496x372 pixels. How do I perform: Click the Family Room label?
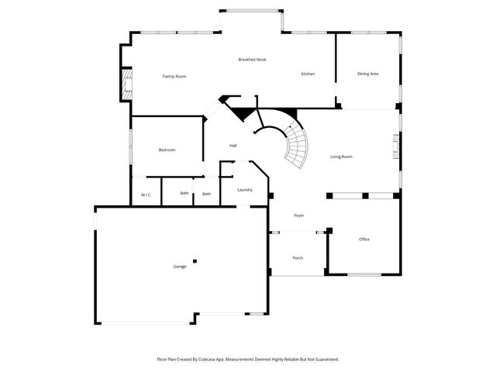pyautogui.click(x=174, y=76)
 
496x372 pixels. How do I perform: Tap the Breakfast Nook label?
pyautogui.click(x=253, y=60)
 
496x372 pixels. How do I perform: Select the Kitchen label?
pyautogui.click(x=308, y=74)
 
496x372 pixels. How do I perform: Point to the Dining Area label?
pyautogui.click(x=367, y=74)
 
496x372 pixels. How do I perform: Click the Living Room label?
pyautogui.click(x=341, y=157)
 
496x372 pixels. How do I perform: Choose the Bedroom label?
pyautogui.click(x=167, y=150)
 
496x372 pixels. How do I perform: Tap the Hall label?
pyautogui.click(x=232, y=146)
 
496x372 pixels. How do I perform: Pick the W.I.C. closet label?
pyautogui.click(x=146, y=194)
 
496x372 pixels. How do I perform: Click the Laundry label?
pyautogui.click(x=245, y=189)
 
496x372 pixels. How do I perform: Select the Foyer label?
pyautogui.click(x=298, y=215)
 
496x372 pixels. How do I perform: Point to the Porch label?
pyautogui.click(x=298, y=257)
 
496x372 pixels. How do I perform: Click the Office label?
pyautogui.click(x=364, y=239)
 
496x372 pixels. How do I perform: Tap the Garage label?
pyautogui.click(x=179, y=266)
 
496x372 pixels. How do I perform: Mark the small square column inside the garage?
pyautogui.click(x=195, y=260)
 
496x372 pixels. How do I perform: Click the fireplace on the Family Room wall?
pyautogui.click(x=125, y=84)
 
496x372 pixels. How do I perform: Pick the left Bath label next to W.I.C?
pyautogui.click(x=184, y=194)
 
